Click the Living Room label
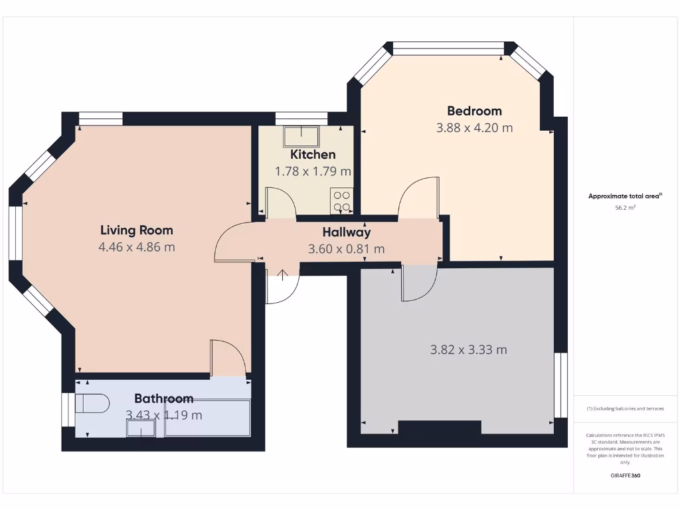coord(136,230)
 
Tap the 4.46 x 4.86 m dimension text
coord(136,248)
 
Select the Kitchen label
coord(313,155)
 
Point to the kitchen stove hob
coord(342,201)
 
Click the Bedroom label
coord(474,111)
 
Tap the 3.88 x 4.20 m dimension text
coord(474,128)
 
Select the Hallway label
coord(346,232)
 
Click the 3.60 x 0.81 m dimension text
coord(346,250)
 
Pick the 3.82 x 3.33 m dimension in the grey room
coord(468,350)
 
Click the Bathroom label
coord(164,398)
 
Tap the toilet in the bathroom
coord(91,403)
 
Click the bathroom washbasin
coord(140,430)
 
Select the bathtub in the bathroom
coord(207,418)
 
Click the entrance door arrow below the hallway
coord(283,275)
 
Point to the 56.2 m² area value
coord(626,208)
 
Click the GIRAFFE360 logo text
coord(626,475)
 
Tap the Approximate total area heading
coord(625,196)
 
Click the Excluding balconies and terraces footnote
coord(626,408)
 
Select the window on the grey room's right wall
coord(561,385)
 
